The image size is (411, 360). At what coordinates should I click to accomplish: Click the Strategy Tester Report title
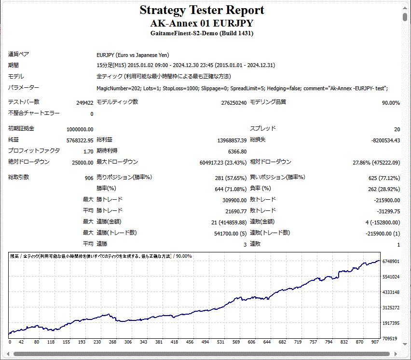tap(202, 10)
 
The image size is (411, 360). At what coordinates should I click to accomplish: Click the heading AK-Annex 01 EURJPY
tap(202, 23)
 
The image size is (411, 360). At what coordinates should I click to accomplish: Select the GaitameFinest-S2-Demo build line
tap(202, 33)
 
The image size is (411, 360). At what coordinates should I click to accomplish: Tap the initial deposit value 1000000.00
tap(80, 129)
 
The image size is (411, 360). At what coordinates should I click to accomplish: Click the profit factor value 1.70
tap(88, 151)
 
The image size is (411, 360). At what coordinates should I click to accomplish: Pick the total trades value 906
tap(89, 178)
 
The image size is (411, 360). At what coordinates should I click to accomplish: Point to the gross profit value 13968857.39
tap(229, 140)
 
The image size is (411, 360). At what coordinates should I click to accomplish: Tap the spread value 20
tap(397, 129)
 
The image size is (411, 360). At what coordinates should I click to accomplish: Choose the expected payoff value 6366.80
tap(237, 151)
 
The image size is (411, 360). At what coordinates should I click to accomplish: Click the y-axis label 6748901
tap(390, 262)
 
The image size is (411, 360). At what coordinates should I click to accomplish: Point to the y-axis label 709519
tap(390, 338)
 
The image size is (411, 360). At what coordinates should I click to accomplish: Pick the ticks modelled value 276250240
tap(233, 103)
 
